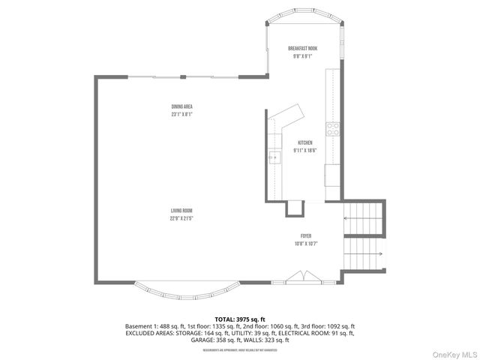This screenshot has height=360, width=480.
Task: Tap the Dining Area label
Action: coord(182,106)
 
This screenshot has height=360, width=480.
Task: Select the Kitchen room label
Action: coord(305,142)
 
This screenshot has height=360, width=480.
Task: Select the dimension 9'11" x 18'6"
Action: coord(305,150)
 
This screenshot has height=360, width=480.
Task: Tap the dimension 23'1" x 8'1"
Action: coord(182,115)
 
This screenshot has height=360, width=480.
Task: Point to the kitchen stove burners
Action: coord(333,128)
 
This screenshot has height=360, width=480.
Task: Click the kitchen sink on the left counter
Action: coord(274,157)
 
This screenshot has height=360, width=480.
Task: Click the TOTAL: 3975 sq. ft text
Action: coord(239,319)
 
